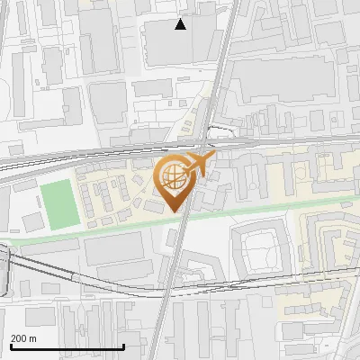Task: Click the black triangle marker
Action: [x=181, y=24]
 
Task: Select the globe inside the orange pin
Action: [x=173, y=177]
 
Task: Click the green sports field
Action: [x=57, y=203]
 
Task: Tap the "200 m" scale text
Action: [x=23, y=338]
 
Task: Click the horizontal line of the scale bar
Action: [x=67, y=347]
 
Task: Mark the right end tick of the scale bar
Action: [x=123, y=345]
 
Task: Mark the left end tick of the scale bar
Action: [x=10, y=345]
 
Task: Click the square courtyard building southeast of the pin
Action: [x=260, y=248]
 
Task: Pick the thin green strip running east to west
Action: [x=270, y=213]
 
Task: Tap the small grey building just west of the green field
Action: [x=32, y=221]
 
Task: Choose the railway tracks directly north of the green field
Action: [x=54, y=162]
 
